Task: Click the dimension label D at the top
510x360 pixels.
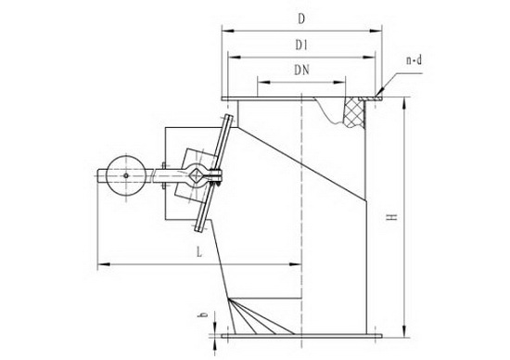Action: [301, 19]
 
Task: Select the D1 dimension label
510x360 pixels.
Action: [301, 45]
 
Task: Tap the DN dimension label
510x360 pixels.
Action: [301, 70]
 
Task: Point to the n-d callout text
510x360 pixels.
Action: [414, 60]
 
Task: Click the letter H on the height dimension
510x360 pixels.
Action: [392, 217]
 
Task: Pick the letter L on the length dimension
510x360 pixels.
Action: [199, 251]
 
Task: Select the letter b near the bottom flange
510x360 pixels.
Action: [204, 315]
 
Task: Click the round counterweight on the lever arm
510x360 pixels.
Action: [126, 175]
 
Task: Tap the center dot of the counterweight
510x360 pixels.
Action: [126, 175]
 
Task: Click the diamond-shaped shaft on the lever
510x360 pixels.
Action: [197, 175]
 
